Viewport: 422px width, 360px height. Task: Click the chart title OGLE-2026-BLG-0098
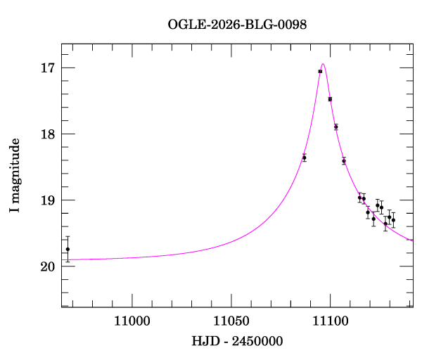click(x=237, y=25)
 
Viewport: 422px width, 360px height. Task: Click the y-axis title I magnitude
click(x=15, y=176)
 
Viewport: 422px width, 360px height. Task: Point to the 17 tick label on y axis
click(x=47, y=68)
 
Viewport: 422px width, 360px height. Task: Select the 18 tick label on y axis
click(x=47, y=134)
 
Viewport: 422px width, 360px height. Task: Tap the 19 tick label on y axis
click(x=47, y=200)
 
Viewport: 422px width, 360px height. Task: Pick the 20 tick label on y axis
click(x=47, y=266)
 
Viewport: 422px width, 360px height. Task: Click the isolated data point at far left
click(x=68, y=249)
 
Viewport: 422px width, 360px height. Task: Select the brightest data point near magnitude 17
click(x=320, y=71)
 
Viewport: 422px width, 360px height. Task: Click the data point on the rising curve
click(x=304, y=157)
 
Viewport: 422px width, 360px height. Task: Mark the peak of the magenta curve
click(x=323, y=64)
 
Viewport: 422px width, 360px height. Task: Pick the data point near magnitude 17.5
click(x=330, y=99)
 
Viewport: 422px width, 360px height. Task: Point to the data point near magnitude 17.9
click(x=335, y=127)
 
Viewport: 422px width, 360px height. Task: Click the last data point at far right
click(x=393, y=220)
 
